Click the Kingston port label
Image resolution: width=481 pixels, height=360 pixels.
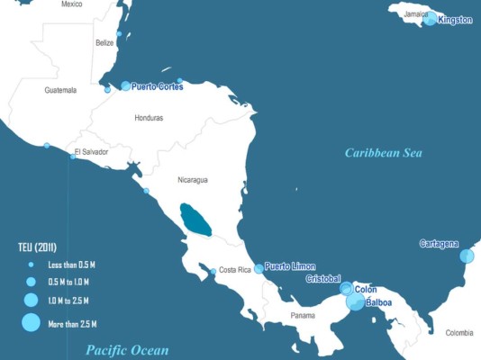click(x=455, y=21)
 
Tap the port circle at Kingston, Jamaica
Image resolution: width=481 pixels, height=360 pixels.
click(x=431, y=18)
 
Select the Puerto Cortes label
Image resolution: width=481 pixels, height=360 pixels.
click(x=157, y=86)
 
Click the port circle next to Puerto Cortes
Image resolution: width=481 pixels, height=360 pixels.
click(x=125, y=85)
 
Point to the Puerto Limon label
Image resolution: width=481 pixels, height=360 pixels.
click(x=289, y=267)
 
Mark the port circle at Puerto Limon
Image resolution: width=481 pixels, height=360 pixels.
click(x=259, y=268)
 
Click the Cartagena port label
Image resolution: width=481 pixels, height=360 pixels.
click(x=439, y=244)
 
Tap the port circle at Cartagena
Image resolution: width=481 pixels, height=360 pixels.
click(x=467, y=256)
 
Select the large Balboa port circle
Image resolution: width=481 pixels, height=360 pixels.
click(x=356, y=301)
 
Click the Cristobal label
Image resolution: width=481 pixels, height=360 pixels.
click(x=322, y=279)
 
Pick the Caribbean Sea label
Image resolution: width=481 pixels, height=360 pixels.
click(x=383, y=153)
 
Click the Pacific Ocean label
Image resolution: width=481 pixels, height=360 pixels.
click(x=126, y=349)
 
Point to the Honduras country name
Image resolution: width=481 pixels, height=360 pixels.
click(x=149, y=118)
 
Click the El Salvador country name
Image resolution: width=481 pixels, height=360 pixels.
click(x=91, y=152)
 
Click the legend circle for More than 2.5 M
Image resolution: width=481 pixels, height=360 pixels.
click(x=31, y=323)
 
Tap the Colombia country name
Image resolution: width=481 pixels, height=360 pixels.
click(x=459, y=333)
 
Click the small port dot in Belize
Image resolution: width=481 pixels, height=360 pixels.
click(x=119, y=33)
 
